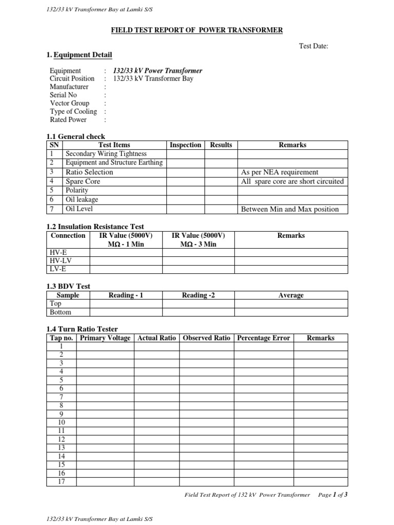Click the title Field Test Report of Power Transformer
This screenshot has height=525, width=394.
point(197,31)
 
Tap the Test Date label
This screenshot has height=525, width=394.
point(313,46)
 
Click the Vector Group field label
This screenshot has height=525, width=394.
point(69,103)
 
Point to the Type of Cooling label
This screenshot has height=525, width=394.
point(73,111)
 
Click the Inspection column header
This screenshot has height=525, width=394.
point(185,145)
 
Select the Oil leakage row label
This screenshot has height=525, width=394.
point(81,199)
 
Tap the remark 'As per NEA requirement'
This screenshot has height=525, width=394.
point(279,172)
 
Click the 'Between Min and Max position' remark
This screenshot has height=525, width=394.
point(290,209)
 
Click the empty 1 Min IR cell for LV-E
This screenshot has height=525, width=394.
point(126,269)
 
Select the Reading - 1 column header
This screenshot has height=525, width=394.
point(126,295)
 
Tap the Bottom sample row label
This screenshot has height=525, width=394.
point(61,312)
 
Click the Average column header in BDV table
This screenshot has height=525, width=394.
point(291,295)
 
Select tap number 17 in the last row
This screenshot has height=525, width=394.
point(61,481)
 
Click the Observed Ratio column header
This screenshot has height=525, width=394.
point(206,338)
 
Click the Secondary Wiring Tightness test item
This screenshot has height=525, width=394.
point(106,154)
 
